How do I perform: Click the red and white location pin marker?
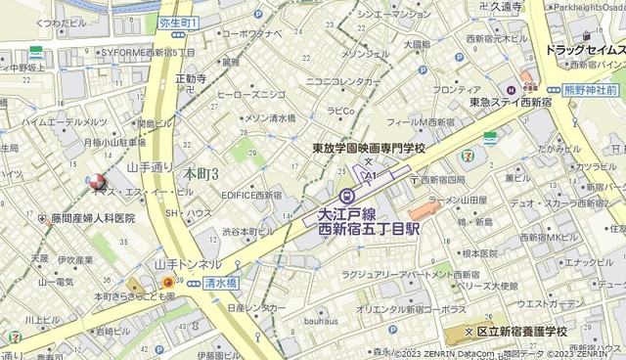point(96,182)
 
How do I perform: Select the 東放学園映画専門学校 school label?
point(368,148)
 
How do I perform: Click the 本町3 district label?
point(200,173)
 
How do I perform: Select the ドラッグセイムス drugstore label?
point(580,50)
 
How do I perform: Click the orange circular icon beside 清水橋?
point(168,283)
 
